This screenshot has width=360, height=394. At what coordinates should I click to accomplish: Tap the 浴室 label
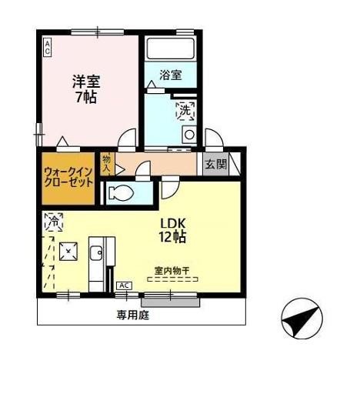click(170, 75)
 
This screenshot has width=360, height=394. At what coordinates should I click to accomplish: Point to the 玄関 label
click(215, 163)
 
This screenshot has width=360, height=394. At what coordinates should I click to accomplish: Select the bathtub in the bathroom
click(170, 53)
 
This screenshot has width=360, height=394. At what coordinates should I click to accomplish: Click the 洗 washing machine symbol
click(185, 112)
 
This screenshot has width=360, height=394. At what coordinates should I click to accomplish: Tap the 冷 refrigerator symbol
click(54, 222)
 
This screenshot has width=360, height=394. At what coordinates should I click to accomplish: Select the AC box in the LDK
click(124, 285)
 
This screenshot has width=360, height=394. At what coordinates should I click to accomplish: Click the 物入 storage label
click(107, 162)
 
